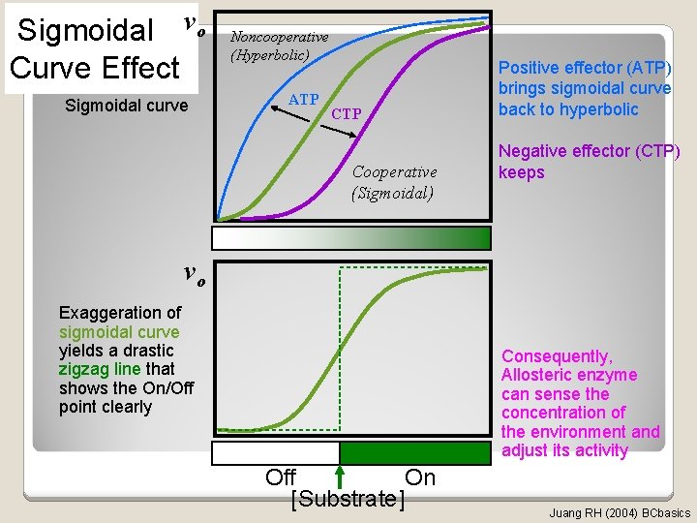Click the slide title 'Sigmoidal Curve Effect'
pos(95,49)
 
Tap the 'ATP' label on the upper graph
pos(304,100)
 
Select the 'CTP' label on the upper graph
pos(346,114)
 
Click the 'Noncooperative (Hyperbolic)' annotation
pos(279,46)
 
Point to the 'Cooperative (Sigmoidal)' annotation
pos(394,181)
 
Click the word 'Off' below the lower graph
pos(281,477)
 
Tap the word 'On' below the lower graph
pos(420,477)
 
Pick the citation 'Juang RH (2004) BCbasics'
pos(620,512)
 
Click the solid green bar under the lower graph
pos(415,453)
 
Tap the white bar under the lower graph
pos(275,453)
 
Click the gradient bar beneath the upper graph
pos(351,238)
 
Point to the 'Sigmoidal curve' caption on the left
pos(126,105)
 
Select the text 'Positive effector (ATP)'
pos(584,68)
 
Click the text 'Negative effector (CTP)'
pos(589,152)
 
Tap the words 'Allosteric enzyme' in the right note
pos(569,375)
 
